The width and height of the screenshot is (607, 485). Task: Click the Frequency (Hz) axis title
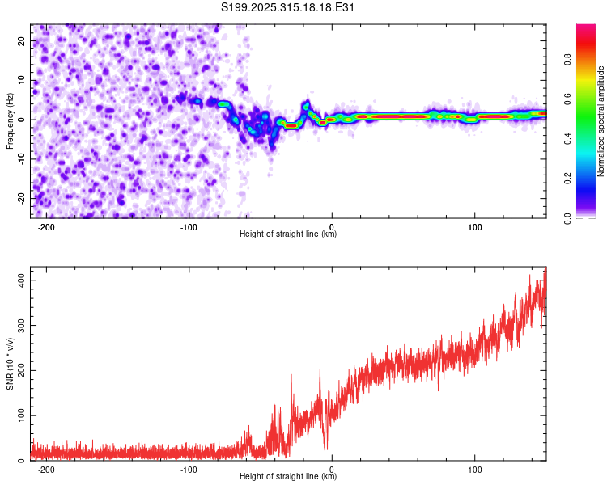(x=10, y=120)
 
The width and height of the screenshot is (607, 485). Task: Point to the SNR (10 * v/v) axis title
(x=10, y=364)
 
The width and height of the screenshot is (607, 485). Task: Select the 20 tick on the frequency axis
(x=21, y=41)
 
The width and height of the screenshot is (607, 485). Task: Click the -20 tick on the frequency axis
(x=19, y=198)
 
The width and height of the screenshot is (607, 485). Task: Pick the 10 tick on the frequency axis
(x=21, y=81)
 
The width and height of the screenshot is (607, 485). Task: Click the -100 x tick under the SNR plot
(x=189, y=468)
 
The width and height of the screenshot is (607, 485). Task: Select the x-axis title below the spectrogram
(x=288, y=234)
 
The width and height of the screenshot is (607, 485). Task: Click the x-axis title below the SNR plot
(x=288, y=477)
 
